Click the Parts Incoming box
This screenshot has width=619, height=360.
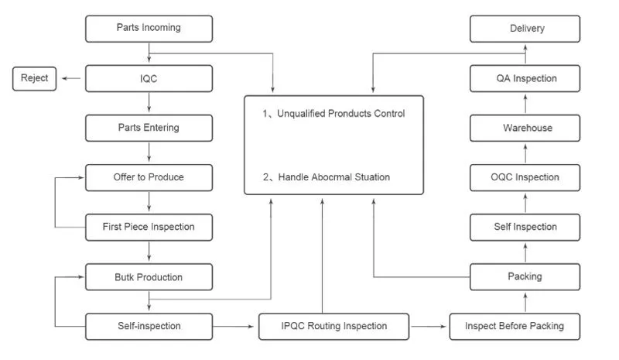click(148, 29)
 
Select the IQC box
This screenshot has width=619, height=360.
click(148, 78)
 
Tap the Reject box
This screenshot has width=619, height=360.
click(34, 78)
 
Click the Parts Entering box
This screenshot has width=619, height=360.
click(148, 128)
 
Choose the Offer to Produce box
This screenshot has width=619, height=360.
click(148, 177)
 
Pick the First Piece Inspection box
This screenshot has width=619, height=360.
click(148, 227)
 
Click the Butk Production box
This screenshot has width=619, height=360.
click(148, 276)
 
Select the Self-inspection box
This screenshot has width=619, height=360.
click(148, 326)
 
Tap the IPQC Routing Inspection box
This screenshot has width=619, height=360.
click(333, 326)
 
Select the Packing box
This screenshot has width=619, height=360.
click(525, 276)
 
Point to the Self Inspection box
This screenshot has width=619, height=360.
click(525, 227)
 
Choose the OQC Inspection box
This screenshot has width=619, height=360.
click(525, 177)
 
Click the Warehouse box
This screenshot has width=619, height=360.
click(525, 128)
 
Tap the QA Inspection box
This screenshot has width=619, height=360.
click(525, 78)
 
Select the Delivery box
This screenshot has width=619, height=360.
click(525, 29)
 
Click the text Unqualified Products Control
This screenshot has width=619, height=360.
click(333, 114)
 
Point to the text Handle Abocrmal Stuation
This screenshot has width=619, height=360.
click(327, 177)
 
